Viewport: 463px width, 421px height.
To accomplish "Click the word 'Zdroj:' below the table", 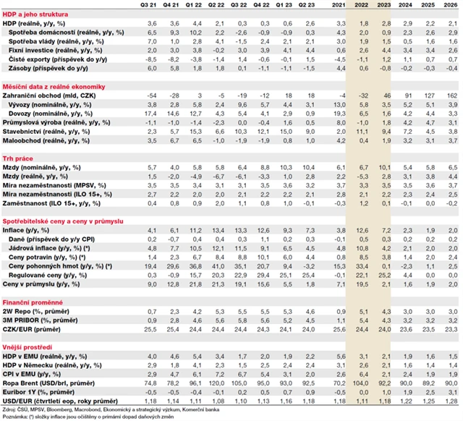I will [x=11, y=409].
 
